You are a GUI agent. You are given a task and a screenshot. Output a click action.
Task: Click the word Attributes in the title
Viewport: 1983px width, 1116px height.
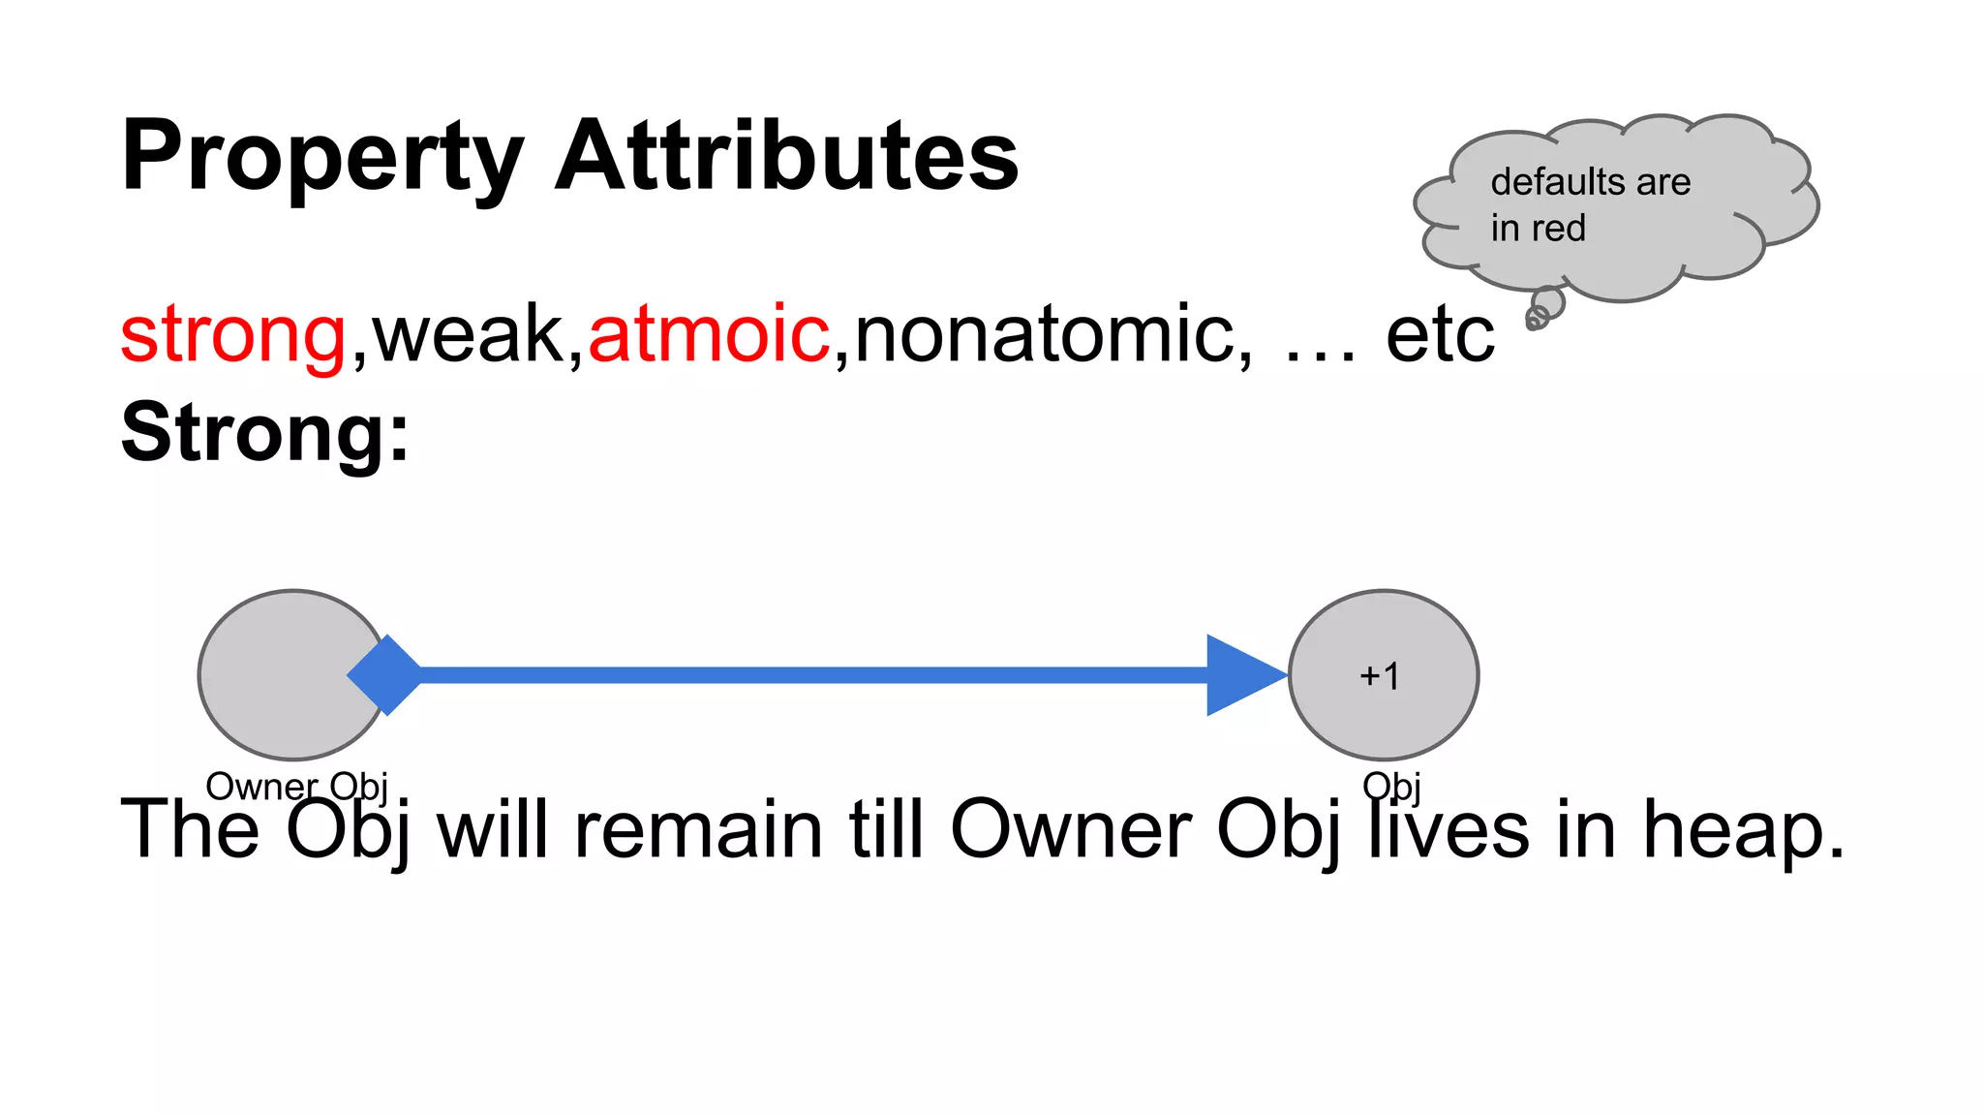(x=786, y=155)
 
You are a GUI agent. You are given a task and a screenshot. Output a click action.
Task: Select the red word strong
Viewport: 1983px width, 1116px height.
(x=232, y=334)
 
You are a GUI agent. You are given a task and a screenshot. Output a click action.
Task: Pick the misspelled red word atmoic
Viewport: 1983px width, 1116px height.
(x=709, y=334)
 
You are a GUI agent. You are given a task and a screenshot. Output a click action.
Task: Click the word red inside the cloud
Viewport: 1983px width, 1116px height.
(x=1558, y=229)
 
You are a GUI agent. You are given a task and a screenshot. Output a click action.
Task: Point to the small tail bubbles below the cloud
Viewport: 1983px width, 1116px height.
(x=1542, y=309)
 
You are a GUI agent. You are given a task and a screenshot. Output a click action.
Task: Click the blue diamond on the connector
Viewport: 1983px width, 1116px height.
(x=385, y=675)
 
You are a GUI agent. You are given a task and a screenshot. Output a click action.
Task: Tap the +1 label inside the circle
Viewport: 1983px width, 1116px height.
(x=1380, y=676)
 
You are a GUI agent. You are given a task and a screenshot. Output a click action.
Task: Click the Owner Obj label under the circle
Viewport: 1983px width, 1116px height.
(x=296, y=786)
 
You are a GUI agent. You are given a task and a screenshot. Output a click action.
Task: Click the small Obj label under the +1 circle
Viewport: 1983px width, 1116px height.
(x=1391, y=786)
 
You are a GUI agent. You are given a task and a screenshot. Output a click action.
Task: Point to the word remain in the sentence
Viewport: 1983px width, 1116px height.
(x=699, y=830)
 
